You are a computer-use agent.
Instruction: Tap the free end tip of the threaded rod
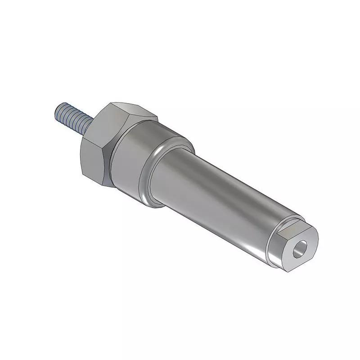[x=59, y=109]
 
